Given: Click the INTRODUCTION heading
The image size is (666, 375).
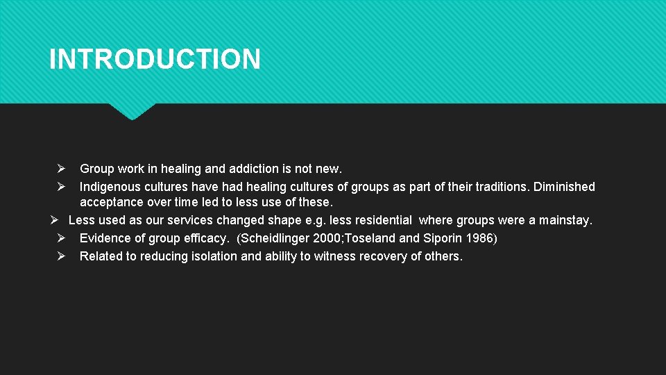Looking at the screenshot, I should [155, 59].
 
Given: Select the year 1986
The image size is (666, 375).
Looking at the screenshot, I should [479, 238].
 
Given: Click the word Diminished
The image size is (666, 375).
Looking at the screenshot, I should [564, 187].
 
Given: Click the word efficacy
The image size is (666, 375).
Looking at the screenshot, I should [205, 238].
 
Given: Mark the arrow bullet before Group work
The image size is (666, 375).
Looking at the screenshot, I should [61, 169].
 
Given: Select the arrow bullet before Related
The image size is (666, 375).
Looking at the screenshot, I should [61, 256].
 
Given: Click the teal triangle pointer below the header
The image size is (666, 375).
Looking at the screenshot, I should [132, 111].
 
